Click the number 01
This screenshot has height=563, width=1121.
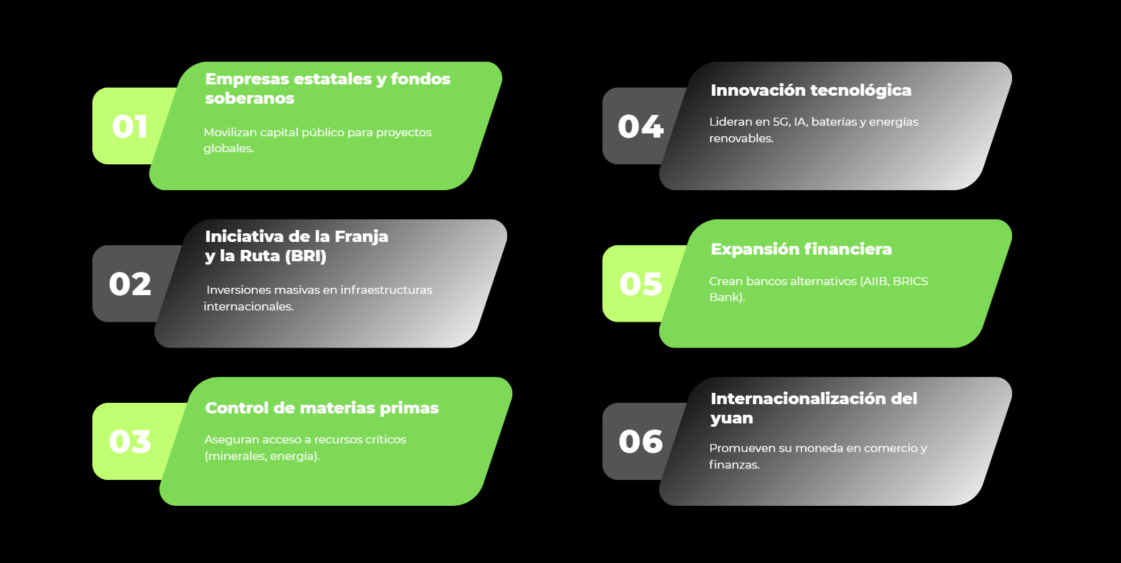pyautogui.click(x=130, y=126)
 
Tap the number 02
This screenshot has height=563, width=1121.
pyautogui.click(x=130, y=284)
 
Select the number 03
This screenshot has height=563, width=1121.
pyautogui.click(x=130, y=441)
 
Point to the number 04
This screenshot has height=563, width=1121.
pyautogui.click(x=641, y=126)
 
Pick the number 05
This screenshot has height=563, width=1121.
pyautogui.click(x=641, y=284)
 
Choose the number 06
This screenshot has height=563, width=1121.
pyautogui.click(x=641, y=441)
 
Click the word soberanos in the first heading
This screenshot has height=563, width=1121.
pyautogui.click(x=250, y=98)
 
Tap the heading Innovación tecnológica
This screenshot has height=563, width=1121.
pyautogui.click(x=811, y=90)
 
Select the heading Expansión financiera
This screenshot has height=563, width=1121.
pyautogui.click(x=801, y=249)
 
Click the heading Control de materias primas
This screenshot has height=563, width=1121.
pyautogui.click(x=322, y=408)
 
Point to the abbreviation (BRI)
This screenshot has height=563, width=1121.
pyautogui.click(x=305, y=256)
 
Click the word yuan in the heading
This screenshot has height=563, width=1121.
pyautogui.click(x=732, y=419)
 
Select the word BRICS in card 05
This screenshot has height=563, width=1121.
pyautogui.click(x=910, y=281)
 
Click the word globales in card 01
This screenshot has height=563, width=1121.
pyautogui.click(x=229, y=148)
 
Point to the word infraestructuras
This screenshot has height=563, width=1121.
pyautogui.click(x=386, y=290)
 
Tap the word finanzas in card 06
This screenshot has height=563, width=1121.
pyautogui.click(x=734, y=465)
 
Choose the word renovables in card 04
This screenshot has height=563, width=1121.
pyautogui.click(x=741, y=138)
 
